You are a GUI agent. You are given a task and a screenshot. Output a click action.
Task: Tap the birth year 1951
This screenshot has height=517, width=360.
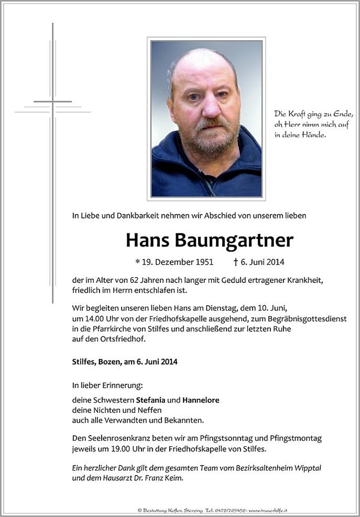coord(205,262)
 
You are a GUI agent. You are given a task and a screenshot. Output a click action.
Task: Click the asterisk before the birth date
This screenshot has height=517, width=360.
coord(137,262)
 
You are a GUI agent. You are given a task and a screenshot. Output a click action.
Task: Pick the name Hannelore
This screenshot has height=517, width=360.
coord(201,400)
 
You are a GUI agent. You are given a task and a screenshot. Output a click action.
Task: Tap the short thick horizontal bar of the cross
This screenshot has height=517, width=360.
coord(53,101)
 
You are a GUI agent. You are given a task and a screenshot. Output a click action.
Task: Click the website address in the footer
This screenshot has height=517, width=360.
coord(270,510)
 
